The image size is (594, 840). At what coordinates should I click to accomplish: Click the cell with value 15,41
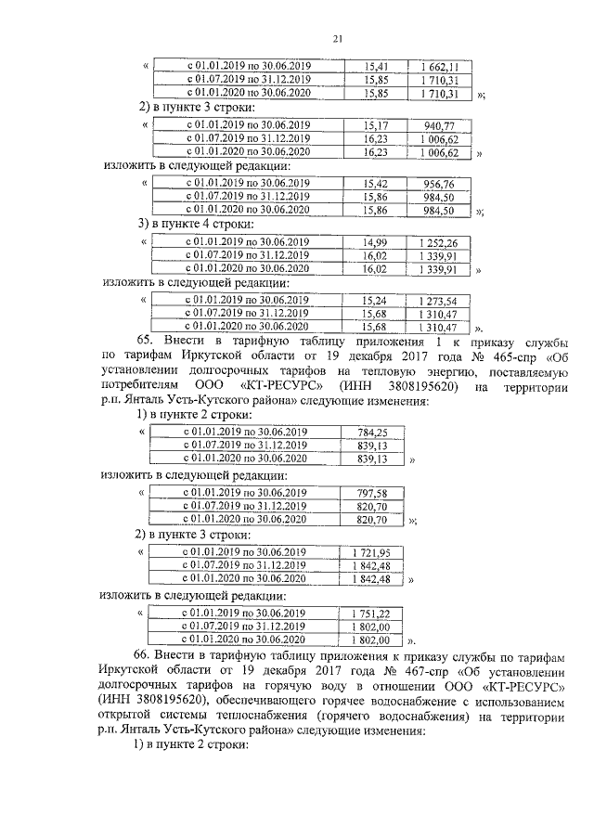[x=376, y=67]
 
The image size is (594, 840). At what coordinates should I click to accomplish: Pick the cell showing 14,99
[x=376, y=242]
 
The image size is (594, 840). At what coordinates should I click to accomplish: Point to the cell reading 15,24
[x=376, y=301]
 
